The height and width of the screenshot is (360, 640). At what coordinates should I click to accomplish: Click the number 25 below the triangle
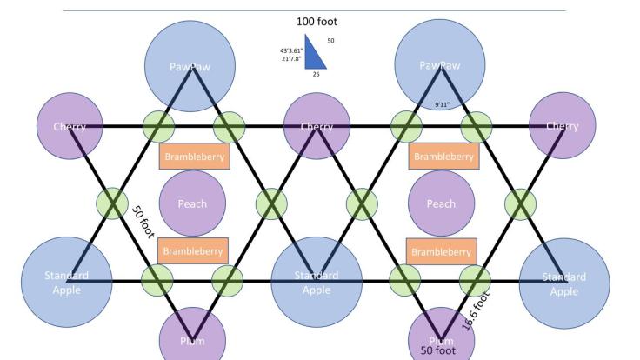point(317,75)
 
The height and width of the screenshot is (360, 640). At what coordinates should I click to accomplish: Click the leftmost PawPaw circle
point(190,65)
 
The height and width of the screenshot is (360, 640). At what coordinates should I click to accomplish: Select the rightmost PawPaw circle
point(440,65)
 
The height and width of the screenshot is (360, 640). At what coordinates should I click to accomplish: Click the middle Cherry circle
point(317,127)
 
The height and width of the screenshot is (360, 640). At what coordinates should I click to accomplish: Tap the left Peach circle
point(191,203)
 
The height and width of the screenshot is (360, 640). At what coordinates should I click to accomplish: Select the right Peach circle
point(441,203)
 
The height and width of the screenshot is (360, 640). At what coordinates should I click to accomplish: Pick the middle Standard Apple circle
point(317,282)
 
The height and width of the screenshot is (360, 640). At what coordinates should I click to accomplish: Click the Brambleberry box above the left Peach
point(193,157)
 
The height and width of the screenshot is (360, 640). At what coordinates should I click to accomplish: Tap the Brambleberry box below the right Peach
point(442,250)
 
